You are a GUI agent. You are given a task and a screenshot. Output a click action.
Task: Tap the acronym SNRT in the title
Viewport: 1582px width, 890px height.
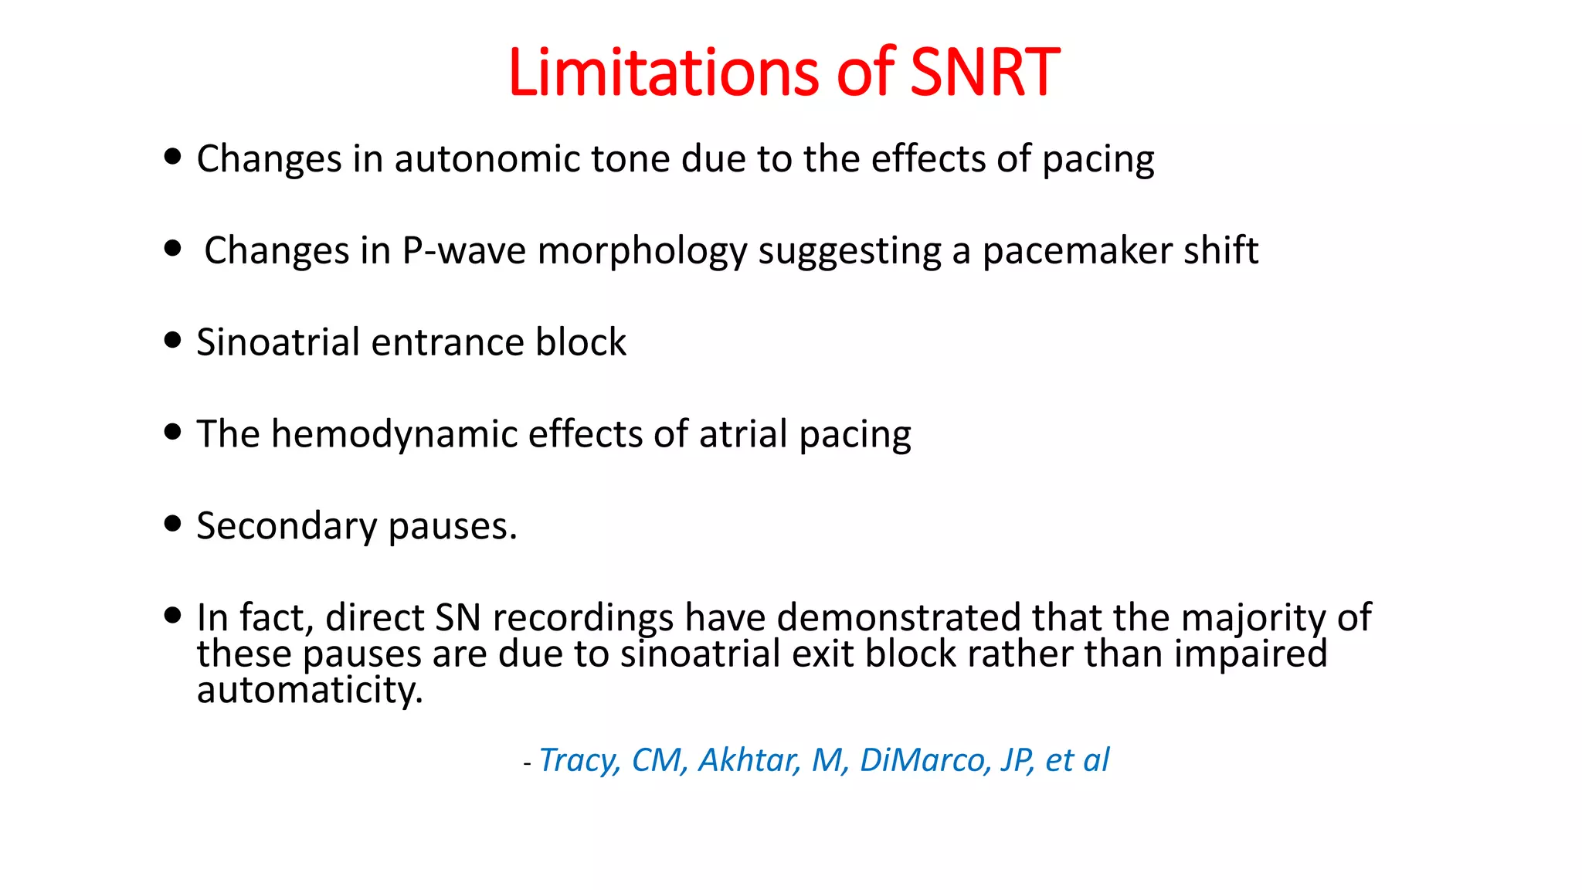984,73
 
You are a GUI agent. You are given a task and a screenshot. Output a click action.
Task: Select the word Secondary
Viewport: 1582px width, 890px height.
287,527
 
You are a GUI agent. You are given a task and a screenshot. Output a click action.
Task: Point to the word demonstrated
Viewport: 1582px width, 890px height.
898,618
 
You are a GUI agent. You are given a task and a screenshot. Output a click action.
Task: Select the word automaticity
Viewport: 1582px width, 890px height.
310,690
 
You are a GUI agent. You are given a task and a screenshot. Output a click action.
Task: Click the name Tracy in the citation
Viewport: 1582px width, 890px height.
579,761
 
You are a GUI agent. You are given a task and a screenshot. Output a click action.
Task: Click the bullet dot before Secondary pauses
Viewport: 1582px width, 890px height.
173,524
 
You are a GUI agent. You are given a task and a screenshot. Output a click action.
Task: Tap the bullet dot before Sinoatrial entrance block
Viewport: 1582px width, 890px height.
173,340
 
